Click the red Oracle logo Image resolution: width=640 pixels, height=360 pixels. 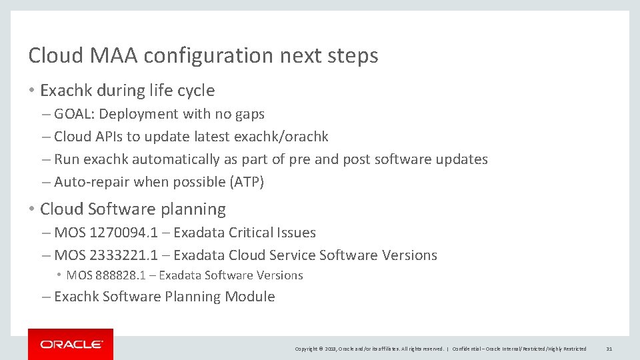[71, 344]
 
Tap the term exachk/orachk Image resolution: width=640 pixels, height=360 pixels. [281, 137]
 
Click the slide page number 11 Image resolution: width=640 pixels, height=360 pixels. [609, 349]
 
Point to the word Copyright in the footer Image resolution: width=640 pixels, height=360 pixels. [307, 349]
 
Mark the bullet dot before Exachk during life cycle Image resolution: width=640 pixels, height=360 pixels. [33, 91]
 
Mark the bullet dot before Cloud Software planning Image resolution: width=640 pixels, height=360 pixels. [33, 209]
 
